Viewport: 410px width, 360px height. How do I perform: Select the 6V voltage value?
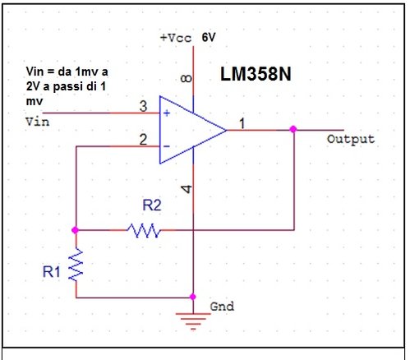tap(209, 38)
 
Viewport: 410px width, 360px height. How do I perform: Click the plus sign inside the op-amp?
tap(167, 113)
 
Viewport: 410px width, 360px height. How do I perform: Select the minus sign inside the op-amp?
tap(167, 146)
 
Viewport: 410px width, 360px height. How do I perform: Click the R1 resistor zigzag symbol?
tap(75, 265)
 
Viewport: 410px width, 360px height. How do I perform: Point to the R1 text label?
tap(53, 270)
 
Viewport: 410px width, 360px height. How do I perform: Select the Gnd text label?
tap(222, 306)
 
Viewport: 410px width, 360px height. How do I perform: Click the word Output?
tap(351, 139)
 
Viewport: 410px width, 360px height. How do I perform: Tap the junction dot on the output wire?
tap(293, 129)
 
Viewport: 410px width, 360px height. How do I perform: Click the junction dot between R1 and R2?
tap(75, 230)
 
